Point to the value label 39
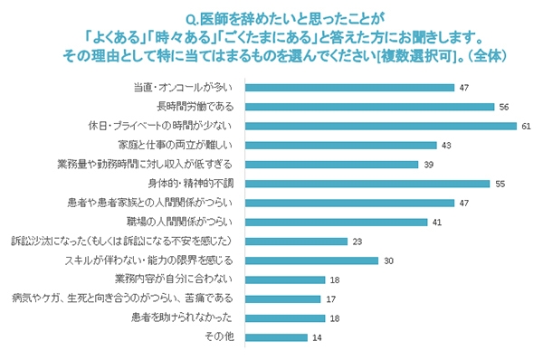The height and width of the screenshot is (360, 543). [x=429, y=164]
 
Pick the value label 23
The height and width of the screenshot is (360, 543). [x=357, y=241]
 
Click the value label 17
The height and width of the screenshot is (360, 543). [x=331, y=298]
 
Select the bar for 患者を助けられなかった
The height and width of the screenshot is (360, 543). [x=286, y=317]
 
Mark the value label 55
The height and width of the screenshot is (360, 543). [x=500, y=183]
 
